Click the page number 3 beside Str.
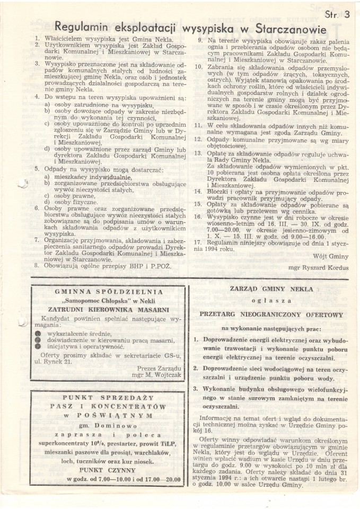tap(347, 15)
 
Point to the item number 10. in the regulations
tap(198, 67)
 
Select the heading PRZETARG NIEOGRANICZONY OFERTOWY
tap(271, 314)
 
